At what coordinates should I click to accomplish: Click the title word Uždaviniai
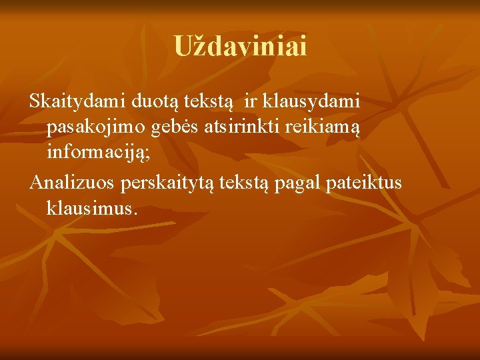click(240, 47)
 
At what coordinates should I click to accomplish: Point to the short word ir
click(251, 102)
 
